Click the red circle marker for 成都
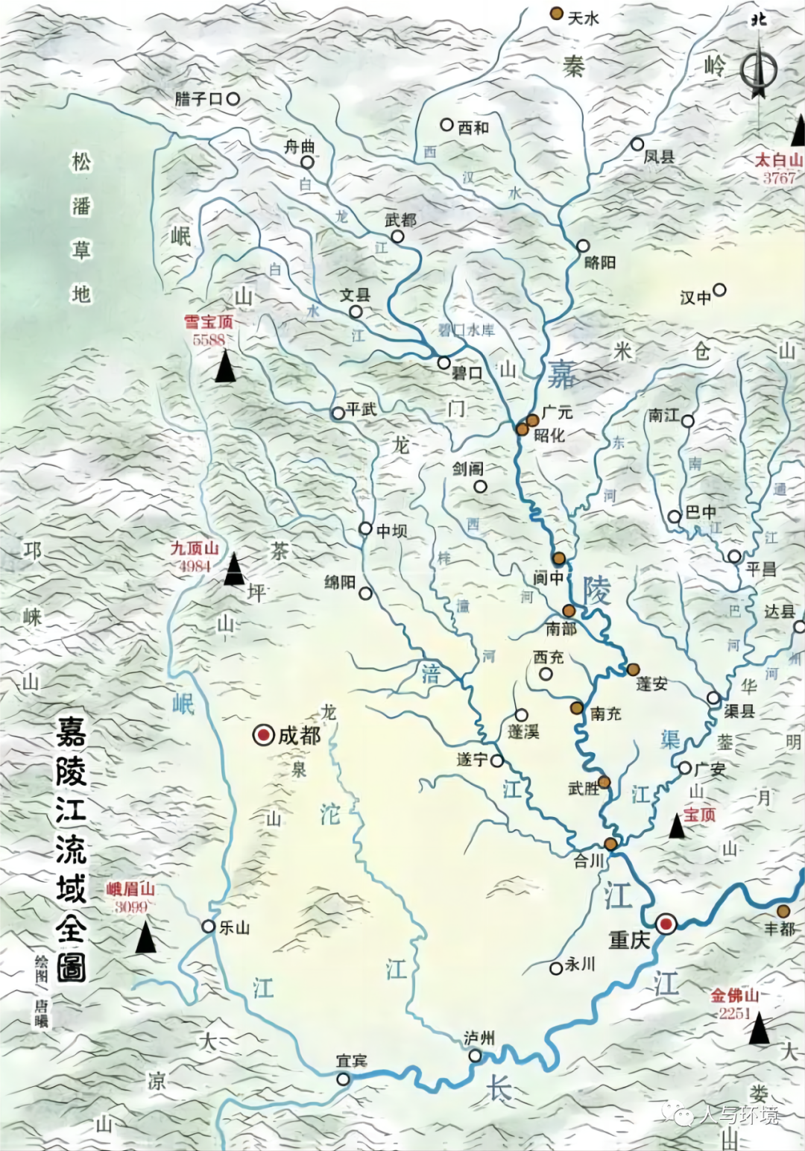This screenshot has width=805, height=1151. pos(263,736)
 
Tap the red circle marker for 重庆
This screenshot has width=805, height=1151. pos(666,924)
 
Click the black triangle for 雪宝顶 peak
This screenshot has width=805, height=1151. pos(225,367)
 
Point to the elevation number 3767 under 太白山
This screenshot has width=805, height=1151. pos(779,178)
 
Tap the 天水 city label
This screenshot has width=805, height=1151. pos(583,18)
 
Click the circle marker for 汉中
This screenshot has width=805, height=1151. pos(719,290)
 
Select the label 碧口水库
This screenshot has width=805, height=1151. pos(467,329)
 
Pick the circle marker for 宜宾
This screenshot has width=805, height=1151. pos(343,1079)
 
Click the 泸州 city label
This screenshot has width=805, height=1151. pos(479,1038)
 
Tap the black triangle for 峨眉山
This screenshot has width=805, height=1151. pos(145,938)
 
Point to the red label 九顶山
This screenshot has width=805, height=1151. pos(195,549)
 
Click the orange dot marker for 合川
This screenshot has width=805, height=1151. pos(610,844)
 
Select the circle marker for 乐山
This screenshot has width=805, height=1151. pos(209,926)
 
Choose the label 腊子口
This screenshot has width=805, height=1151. pos(199,98)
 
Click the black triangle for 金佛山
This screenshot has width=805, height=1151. pos(759,1029)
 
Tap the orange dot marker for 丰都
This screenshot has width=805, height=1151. pos(783,911)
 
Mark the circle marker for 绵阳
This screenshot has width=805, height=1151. pos(365,593)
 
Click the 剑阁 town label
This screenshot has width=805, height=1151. pos(467,469)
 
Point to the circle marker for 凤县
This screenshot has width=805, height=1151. pos(637,144)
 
